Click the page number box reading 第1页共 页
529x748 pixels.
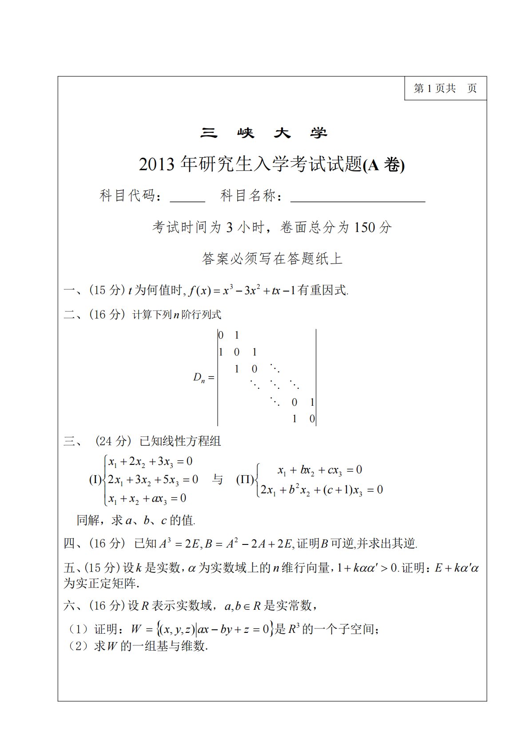pos(445,88)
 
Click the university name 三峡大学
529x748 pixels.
pos(264,133)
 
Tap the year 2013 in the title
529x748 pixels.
pos(157,165)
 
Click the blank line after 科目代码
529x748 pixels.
pos(187,197)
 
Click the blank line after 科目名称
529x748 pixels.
pos(358,197)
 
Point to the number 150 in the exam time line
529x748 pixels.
pos(365,228)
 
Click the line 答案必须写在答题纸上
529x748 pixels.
pos(272,259)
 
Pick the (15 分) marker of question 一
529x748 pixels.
pos(107,291)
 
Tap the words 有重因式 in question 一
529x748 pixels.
pos(323,291)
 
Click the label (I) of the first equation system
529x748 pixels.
pos(95,480)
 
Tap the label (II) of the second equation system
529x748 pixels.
pos(245,480)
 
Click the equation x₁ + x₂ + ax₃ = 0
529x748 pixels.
pos(147,499)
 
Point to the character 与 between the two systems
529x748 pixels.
pos(217,480)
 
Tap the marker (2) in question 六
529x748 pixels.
pos(78,646)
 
